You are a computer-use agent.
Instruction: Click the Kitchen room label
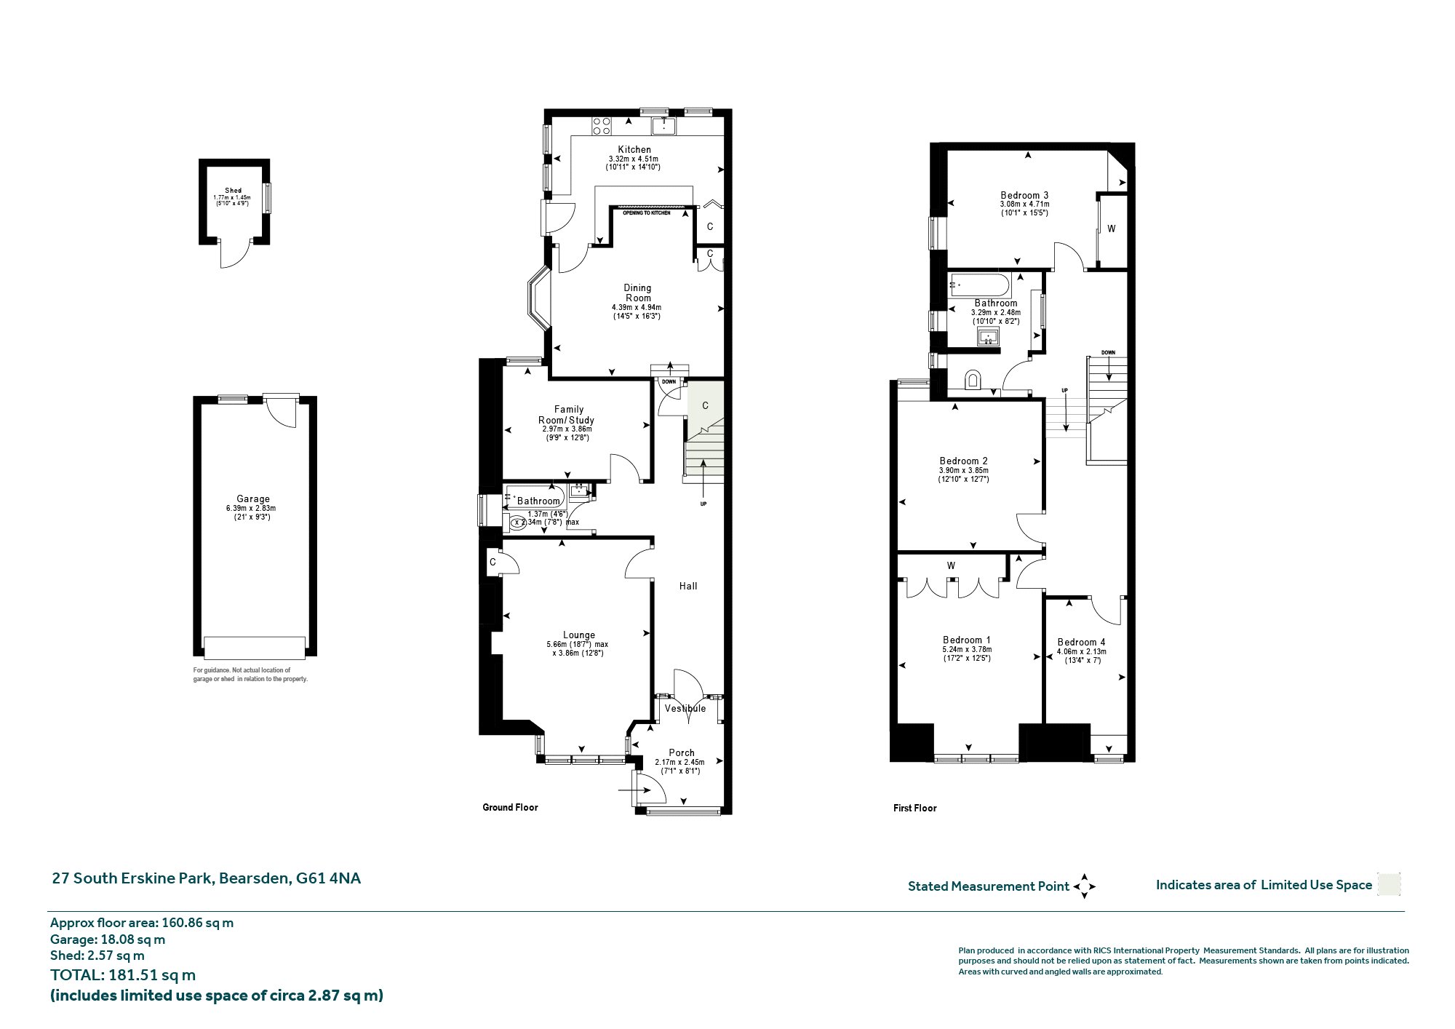[634, 149]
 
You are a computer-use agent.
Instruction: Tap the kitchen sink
[664, 126]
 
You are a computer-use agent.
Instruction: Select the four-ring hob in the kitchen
[602, 126]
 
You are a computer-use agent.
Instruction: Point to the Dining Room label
[638, 293]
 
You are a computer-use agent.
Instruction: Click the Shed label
[233, 191]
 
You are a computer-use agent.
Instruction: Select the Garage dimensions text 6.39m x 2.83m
[251, 509]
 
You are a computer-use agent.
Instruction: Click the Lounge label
[579, 635]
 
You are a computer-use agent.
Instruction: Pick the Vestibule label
[685, 708]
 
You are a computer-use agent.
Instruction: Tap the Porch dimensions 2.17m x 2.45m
[679, 762]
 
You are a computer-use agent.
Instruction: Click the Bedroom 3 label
[1024, 195]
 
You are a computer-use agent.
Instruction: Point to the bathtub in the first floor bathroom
[980, 285]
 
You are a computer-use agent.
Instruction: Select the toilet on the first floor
[973, 381]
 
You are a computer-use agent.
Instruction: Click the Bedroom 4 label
[1081, 642]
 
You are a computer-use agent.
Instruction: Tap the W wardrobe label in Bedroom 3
[1111, 229]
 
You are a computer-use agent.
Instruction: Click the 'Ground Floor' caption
[510, 807]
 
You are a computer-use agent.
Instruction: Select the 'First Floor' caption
[914, 808]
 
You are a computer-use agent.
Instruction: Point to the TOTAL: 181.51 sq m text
[123, 975]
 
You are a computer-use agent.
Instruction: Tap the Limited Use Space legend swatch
[1389, 884]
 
